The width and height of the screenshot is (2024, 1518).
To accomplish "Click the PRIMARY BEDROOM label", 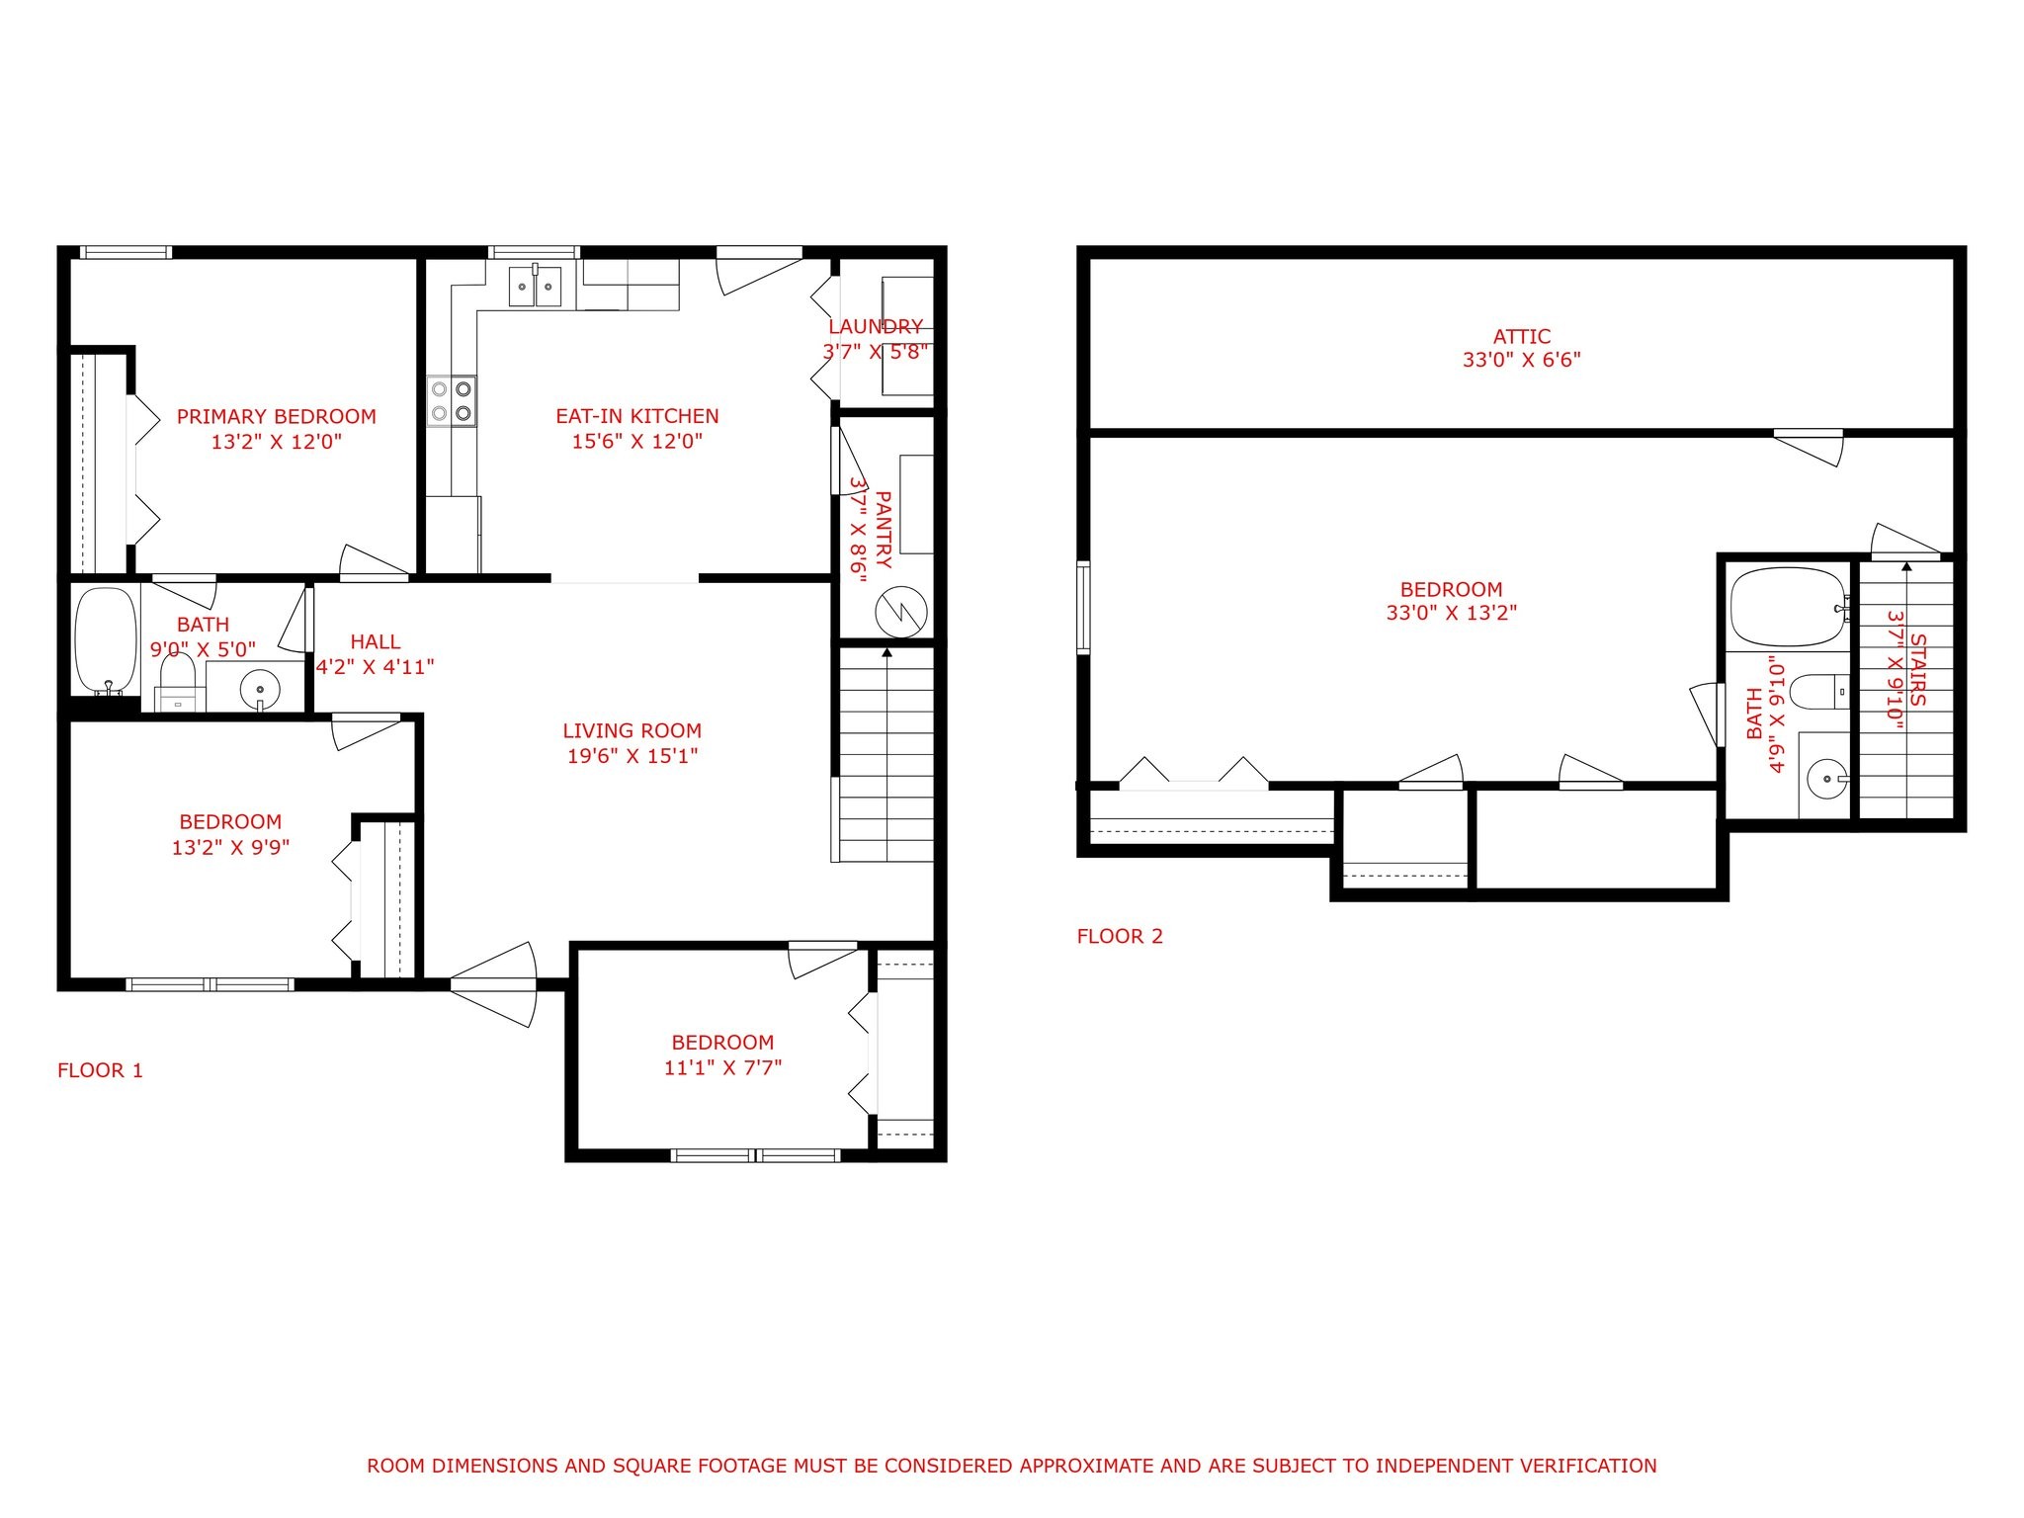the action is click(277, 417).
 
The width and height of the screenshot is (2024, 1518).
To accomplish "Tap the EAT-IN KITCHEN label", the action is click(637, 417).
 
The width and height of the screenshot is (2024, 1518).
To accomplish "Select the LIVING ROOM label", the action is click(632, 731).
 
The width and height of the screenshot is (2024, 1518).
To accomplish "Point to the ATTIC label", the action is click(1522, 337).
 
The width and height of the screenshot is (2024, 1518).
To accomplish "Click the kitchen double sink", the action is click(536, 287).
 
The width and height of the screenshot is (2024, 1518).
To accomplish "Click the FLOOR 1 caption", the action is click(100, 1070).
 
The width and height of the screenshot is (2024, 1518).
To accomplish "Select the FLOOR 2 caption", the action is click(1120, 937).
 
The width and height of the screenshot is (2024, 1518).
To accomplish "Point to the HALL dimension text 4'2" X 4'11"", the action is click(376, 667).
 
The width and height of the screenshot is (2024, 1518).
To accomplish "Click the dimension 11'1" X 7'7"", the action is click(723, 1067).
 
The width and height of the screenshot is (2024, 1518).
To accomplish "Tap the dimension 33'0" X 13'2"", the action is click(1452, 613).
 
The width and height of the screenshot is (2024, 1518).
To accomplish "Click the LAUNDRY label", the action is click(876, 327).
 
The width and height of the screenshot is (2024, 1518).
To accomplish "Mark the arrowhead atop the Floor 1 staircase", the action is click(886, 652).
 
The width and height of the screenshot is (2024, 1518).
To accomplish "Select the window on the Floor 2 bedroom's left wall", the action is click(1084, 608).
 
